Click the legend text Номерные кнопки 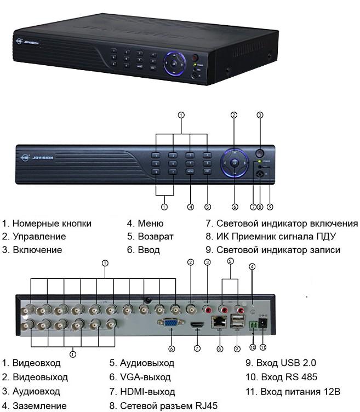click(52, 224)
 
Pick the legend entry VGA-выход click(145, 378)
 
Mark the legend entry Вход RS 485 click(289, 377)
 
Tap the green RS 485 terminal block click(253, 324)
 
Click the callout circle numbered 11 click(263, 347)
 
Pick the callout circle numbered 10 click(253, 347)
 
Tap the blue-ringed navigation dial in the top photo click(174, 63)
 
